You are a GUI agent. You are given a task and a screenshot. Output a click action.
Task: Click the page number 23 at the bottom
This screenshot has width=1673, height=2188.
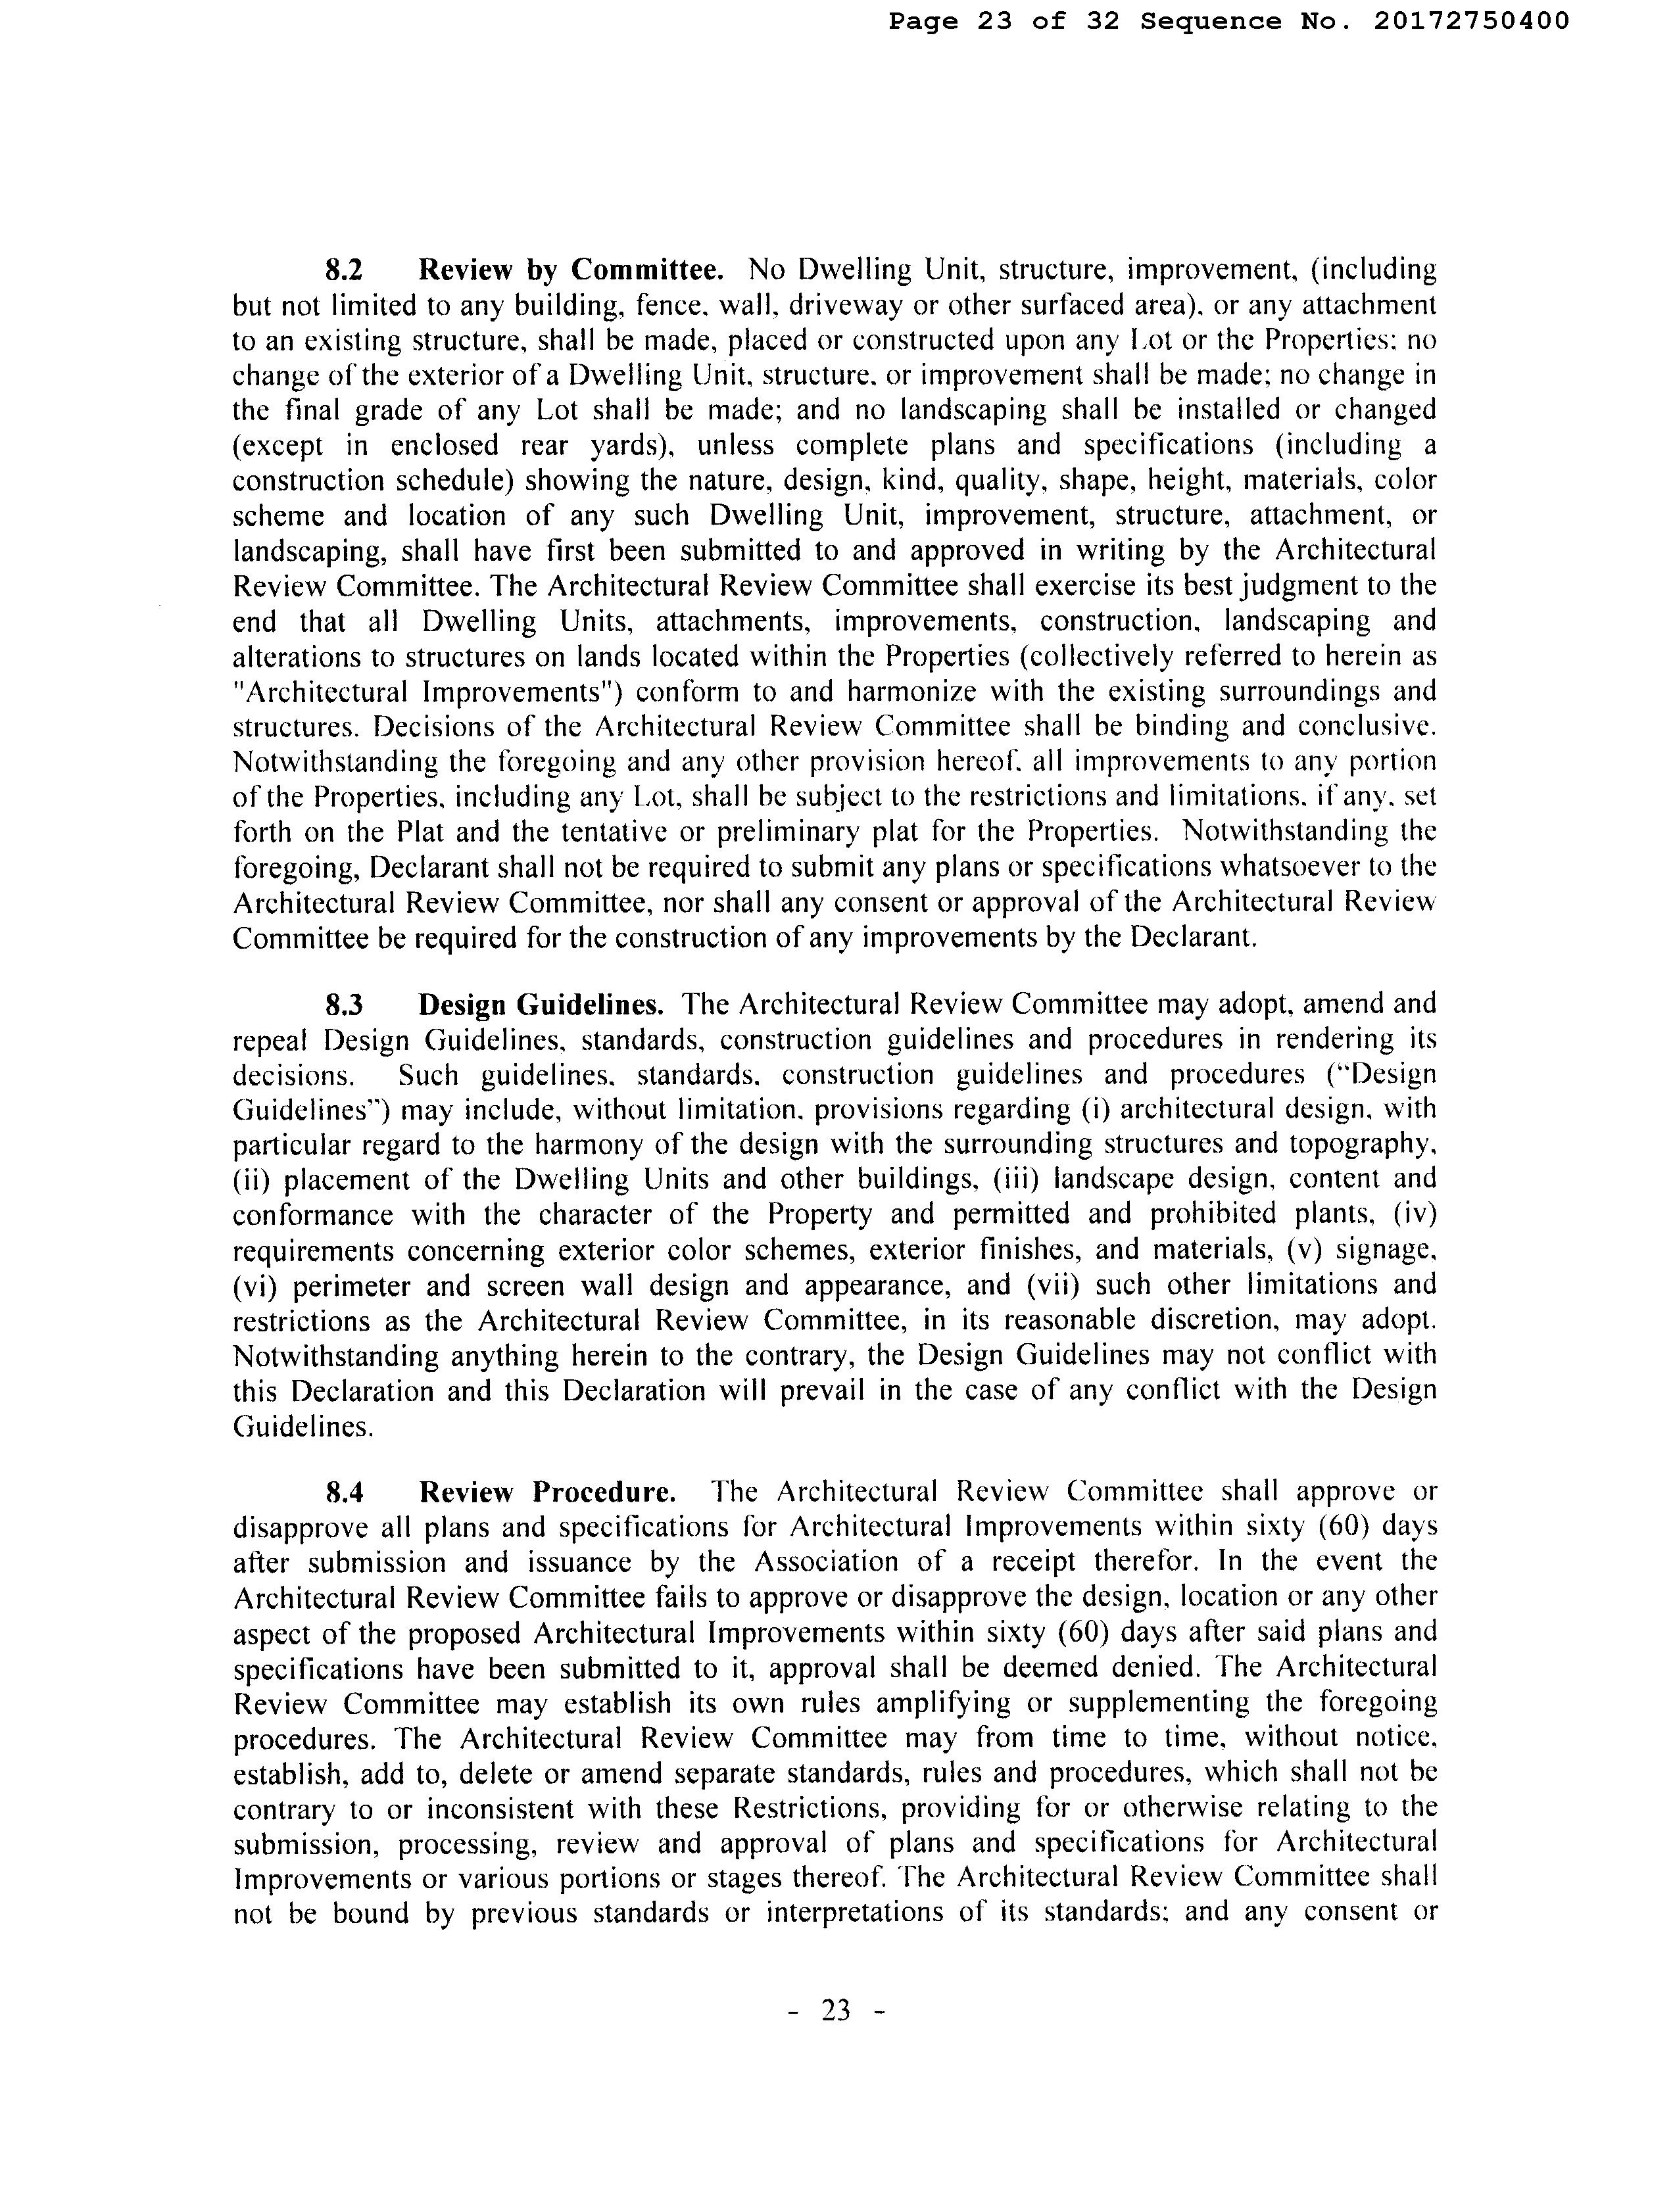836,2010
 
